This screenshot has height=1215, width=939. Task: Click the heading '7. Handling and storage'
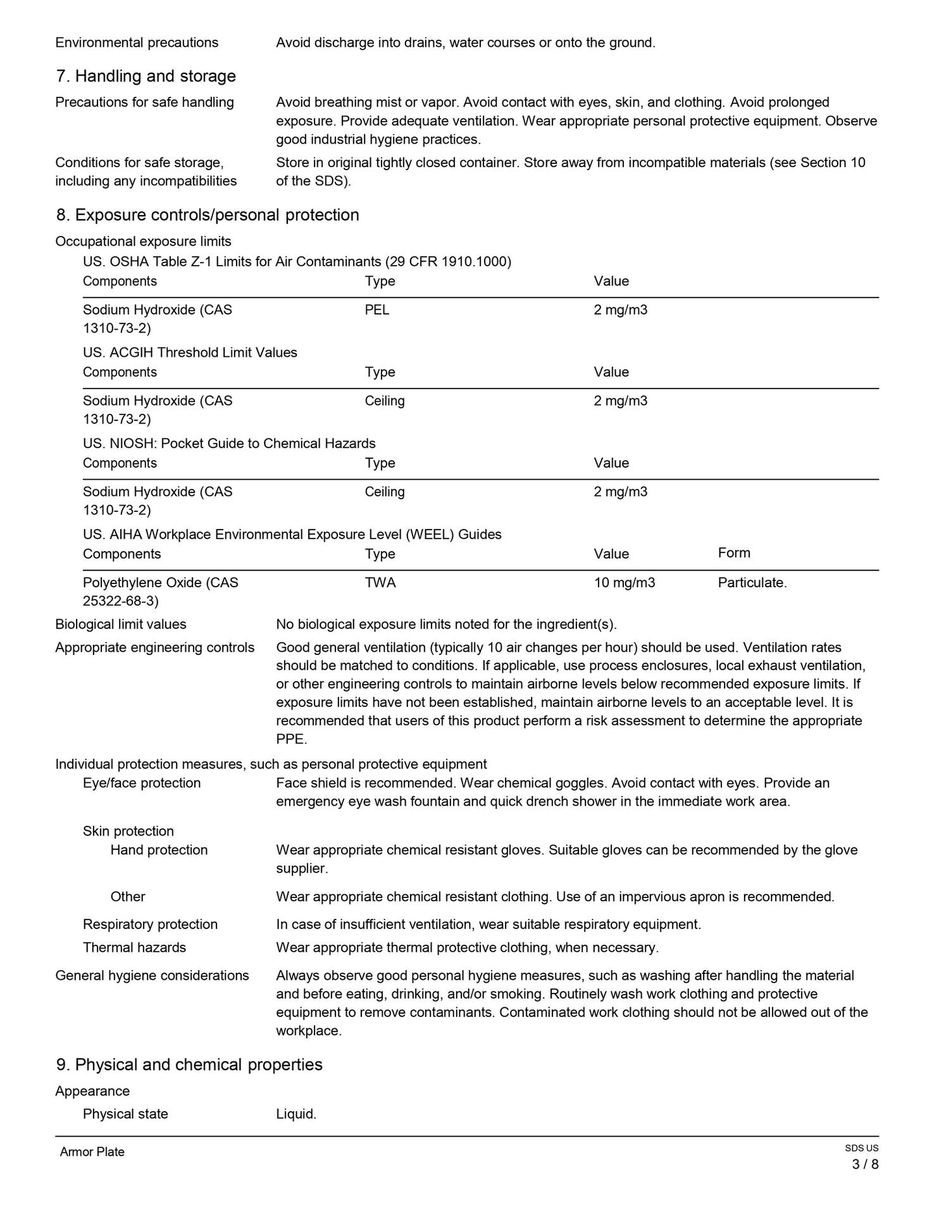click(146, 77)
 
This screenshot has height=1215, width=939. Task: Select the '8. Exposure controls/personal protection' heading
click(207, 215)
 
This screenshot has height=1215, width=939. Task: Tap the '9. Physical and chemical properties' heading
click(189, 1064)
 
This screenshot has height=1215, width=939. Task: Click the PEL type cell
click(377, 310)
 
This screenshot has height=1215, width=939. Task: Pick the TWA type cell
click(380, 583)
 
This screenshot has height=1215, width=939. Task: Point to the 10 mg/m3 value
click(624, 583)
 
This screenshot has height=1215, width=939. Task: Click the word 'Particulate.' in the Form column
click(752, 583)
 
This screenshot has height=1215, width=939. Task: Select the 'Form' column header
click(734, 553)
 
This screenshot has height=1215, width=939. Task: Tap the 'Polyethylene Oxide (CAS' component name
click(161, 583)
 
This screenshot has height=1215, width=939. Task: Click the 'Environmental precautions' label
click(136, 43)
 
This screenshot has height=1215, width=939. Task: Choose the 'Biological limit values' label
click(121, 624)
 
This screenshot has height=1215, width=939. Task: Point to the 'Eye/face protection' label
click(142, 783)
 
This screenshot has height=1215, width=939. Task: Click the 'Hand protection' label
click(159, 850)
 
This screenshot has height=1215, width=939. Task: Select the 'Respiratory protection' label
click(150, 925)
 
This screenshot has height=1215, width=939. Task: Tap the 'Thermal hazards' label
click(135, 947)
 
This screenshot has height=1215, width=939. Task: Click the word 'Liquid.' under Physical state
click(296, 1114)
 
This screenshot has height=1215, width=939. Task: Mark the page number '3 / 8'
click(865, 1164)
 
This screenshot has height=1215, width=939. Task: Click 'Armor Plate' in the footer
click(92, 1152)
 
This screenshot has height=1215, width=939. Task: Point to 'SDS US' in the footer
click(862, 1148)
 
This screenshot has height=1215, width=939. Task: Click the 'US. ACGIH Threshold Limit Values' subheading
click(190, 353)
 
